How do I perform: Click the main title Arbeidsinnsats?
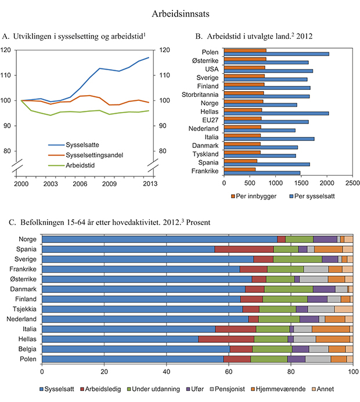[x=180, y=12]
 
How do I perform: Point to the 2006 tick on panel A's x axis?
[x=80, y=183]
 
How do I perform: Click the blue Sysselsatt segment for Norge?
[x=160, y=239]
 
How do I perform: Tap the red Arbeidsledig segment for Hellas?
[x=226, y=339]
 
